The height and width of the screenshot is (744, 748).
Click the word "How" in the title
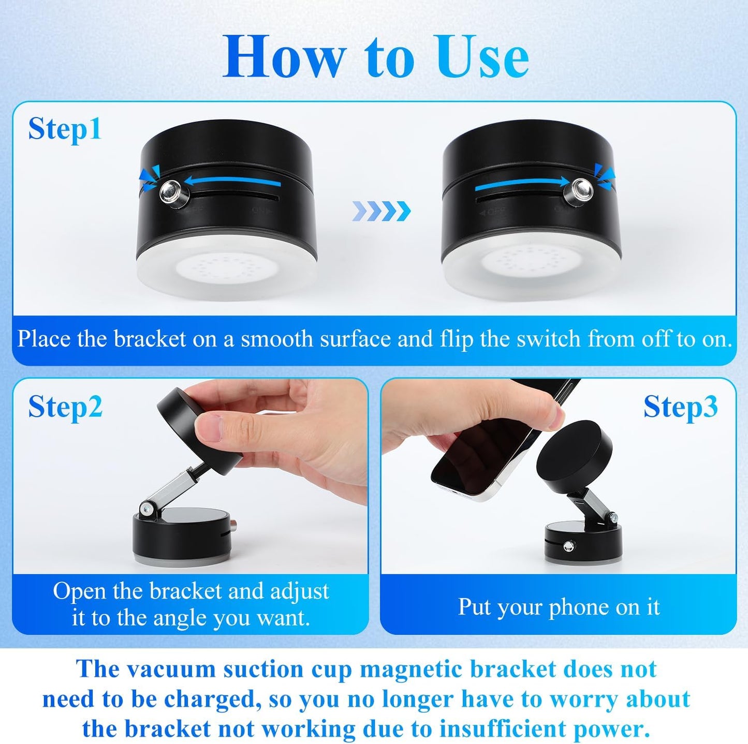284,57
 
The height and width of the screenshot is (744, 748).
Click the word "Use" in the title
481,57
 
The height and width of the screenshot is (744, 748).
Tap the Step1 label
65,129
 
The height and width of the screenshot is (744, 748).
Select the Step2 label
65,407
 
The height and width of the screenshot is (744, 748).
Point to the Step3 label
680,407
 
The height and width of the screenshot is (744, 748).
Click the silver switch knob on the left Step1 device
173,192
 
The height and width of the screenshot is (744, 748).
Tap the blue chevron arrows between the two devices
381,211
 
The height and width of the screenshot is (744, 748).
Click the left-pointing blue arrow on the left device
233,181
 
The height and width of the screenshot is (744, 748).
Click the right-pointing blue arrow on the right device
523,181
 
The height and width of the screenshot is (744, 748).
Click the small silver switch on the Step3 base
570,545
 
